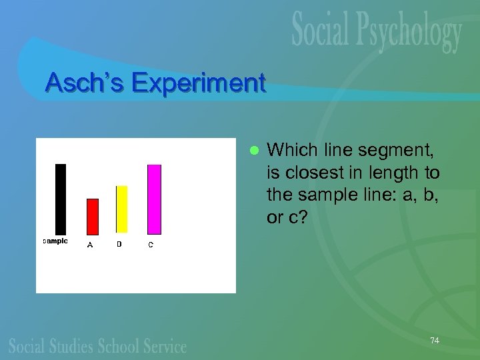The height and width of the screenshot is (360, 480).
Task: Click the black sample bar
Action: pyautogui.click(x=61, y=199)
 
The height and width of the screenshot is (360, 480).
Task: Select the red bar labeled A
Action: pyautogui.click(x=93, y=217)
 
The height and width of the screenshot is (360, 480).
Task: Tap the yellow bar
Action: pyautogui.click(x=121, y=210)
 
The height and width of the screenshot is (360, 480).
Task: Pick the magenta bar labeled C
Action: pyautogui.click(x=154, y=199)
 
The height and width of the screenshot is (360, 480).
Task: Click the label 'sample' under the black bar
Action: pyautogui.click(x=55, y=241)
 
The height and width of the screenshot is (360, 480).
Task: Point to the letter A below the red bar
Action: pyautogui.click(x=90, y=245)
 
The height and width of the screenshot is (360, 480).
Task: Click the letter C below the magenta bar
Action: pyautogui.click(x=151, y=245)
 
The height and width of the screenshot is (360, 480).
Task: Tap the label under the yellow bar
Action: pyautogui.click(x=119, y=244)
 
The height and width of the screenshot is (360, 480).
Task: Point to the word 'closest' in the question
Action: pyautogui.click(x=311, y=173)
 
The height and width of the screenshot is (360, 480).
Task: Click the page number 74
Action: pyautogui.click(x=435, y=340)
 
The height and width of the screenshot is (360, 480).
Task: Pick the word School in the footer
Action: pyautogui.click(x=122, y=345)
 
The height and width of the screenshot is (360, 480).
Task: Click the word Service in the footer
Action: pyautogui.click(x=165, y=345)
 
